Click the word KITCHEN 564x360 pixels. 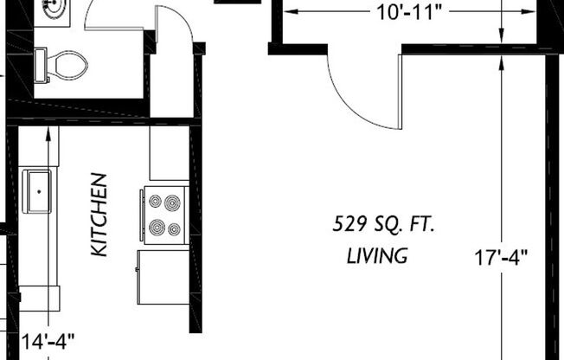click(x=100, y=214)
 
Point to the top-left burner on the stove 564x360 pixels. click(x=156, y=201)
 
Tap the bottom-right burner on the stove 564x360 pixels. click(x=174, y=229)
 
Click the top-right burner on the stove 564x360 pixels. click(x=174, y=201)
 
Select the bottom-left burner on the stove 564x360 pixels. click(x=157, y=228)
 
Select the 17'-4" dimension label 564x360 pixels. click(x=501, y=257)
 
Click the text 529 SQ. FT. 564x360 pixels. click(x=384, y=225)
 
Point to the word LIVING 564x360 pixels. click(x=377, y=256)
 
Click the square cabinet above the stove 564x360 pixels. click(x=169, y=153)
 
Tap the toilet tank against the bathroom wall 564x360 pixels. click(x=40, y=65)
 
